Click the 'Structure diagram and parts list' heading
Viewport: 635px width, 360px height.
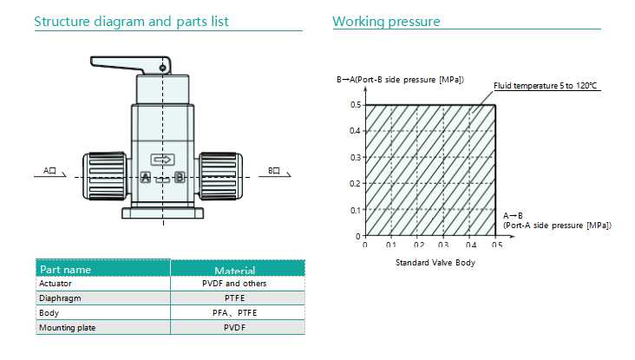(131, 22)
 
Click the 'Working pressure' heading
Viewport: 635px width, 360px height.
(386, 22)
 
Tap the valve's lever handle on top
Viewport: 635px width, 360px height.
(130, 65)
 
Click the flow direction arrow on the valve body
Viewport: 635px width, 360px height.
(163, 160)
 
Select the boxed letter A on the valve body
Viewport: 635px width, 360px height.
(146, 177)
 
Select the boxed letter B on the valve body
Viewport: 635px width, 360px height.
(180, 177)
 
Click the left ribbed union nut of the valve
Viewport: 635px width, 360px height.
(104, 176)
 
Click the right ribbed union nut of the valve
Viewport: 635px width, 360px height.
(220, 176)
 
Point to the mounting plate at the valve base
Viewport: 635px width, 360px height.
(163, 213)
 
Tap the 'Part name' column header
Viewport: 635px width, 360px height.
(65, 270)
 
